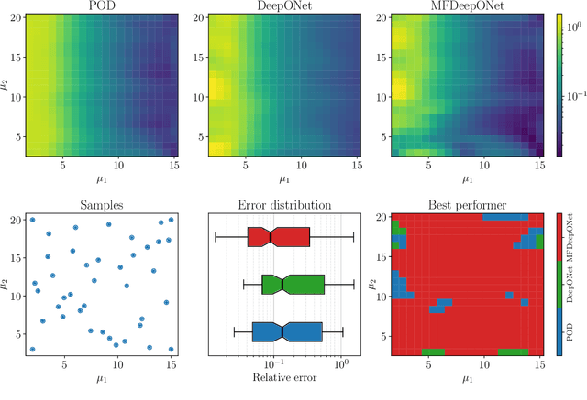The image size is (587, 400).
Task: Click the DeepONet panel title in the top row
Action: click(275, 7)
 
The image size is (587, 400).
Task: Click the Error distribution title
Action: click(275, 206)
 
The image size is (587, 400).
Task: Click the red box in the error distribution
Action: click(279, 237)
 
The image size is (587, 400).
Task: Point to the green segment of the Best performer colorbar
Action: click(560, 285)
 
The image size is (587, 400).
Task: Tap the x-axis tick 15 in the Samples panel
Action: click(171, 364)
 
